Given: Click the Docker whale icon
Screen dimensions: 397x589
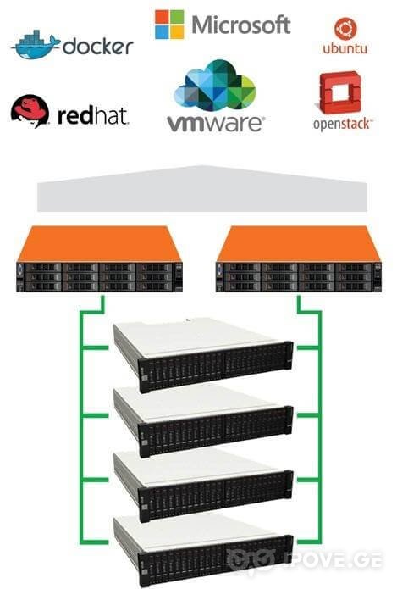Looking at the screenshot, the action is pos(36,45).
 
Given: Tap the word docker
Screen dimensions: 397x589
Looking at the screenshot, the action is pos(98,47).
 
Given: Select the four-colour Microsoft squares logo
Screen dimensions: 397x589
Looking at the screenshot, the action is pos(169,25).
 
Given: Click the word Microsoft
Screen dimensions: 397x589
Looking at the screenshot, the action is pos(241,25).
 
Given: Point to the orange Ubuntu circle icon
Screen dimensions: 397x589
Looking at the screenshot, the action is pos(345,29).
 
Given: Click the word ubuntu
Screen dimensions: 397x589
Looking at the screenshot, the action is pos(345,48).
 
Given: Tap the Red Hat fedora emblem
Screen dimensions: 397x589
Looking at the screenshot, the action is pos(30,111).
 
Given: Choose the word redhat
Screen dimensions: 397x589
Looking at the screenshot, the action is pos(93,116).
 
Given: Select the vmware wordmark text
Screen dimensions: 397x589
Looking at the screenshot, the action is pos(216,124).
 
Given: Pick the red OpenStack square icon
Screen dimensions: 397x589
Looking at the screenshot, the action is pos(340,92).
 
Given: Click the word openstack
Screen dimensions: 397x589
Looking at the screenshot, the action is pos(343,124).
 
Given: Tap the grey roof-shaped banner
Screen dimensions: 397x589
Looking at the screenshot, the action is pos(202,189).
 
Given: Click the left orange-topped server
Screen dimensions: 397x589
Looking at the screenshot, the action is pos(99,258).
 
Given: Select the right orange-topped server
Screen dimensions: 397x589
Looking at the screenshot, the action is pos(299,258).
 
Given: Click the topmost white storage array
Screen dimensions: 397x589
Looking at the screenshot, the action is pos(203,355).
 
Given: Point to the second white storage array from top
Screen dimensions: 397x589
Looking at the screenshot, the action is pos(203,421).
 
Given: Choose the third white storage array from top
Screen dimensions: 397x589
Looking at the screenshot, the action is pos(203,486).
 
